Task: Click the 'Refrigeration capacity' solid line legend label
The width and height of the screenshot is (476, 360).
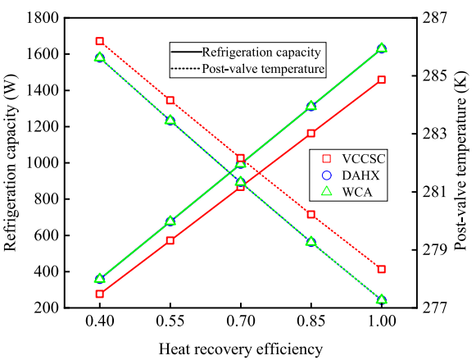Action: click(263, 51)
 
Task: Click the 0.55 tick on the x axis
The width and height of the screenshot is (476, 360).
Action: click(170, 322)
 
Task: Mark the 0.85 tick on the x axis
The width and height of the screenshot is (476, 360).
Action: click(311, 322)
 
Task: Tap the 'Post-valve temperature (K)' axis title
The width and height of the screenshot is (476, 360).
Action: click(463, 162)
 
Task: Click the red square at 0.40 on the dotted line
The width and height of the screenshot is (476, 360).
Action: click(100, 41)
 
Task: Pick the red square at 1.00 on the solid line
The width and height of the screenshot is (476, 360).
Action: click(382, 80)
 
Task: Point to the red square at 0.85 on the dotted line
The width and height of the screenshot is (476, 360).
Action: click(311, 215)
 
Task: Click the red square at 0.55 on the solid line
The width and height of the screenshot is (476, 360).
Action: click(170, 240)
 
